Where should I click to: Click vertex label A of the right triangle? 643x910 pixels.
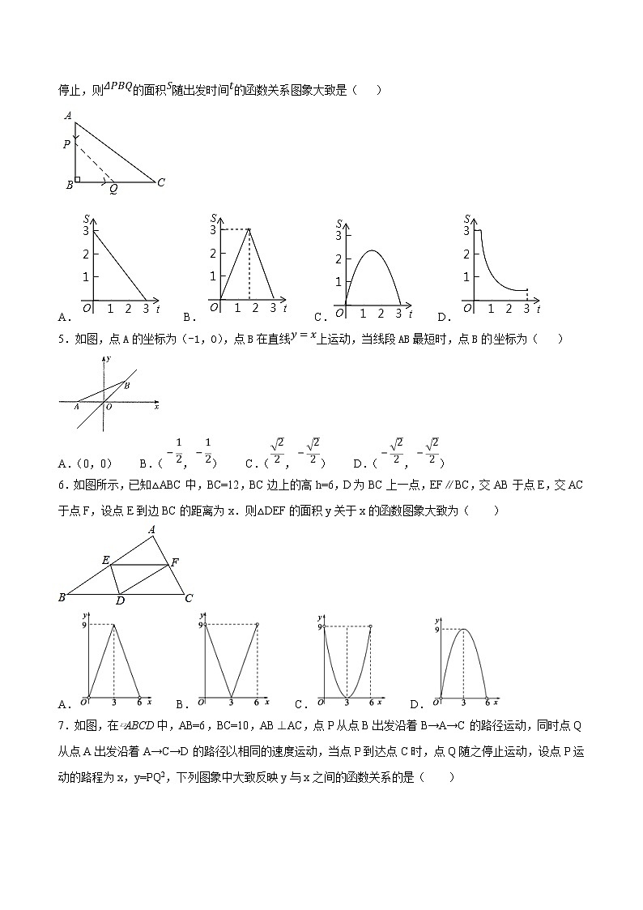(x=70, y=116)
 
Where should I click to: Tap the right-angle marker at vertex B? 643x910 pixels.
(x=77, y=178)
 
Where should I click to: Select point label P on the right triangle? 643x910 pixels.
(x=66, y=145)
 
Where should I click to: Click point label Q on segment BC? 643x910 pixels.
(x=113, y=189)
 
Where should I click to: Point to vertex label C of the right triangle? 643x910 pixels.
(x=161, y=182)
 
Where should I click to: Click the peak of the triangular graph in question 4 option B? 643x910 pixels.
(x=249, y=231)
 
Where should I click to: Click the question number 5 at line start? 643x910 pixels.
(x=62, y=339)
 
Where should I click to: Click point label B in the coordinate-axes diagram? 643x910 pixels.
(x=126, y=387)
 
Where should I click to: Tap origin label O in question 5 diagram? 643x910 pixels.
(x=109, y=408)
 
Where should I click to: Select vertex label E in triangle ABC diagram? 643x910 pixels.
(x=104, y=559)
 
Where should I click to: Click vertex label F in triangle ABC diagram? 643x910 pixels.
(x=175, y=561)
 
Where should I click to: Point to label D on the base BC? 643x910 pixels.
(x=120, y=600)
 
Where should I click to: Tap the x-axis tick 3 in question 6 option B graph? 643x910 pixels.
(x=231, y=702)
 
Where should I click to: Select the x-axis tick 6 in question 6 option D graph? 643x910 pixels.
(x=487, y=702)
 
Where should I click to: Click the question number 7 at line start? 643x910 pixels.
(x=62, y=725)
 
